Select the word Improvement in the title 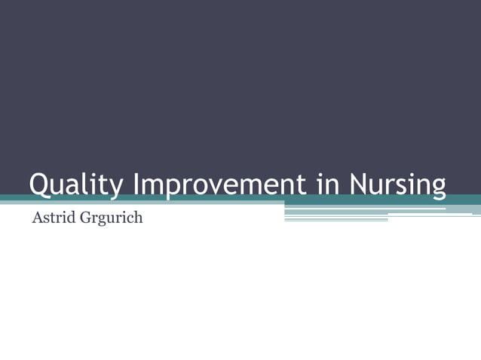(x=219, y=185)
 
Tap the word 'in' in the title (x=329, y=185)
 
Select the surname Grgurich (x=110, y=221)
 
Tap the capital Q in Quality (x=39, y=185)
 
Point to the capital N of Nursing (x=360, y=184)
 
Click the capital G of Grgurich (x=82, y=220)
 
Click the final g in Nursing (x=437, y=188)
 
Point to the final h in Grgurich (x=138, y=220)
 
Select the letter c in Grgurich (x=129, y=221)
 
